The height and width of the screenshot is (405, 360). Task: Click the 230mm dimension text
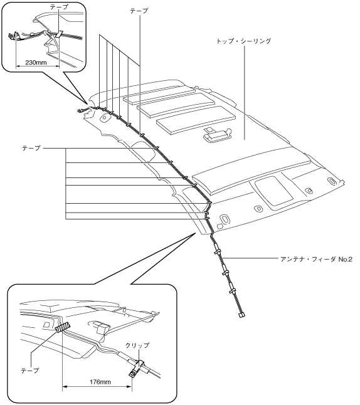tap(36, 63)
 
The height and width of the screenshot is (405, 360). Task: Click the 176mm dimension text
tap(100, 382)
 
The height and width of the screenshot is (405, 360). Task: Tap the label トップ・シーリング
tap(243, 41)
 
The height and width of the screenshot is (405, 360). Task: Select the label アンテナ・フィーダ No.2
tap(316, 259)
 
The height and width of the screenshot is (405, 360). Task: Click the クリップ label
tap(137, 345)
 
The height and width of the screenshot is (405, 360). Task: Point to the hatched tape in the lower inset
tap(63, 327)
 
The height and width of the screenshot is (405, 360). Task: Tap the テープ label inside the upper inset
tap(59, 7)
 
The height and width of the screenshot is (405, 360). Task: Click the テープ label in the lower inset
tap(30, 370)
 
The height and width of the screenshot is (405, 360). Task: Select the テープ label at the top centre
tap(139, 11)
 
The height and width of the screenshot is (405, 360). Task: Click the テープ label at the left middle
tap(31, 148)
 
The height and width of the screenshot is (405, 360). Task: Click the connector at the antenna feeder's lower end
tap(241, 315)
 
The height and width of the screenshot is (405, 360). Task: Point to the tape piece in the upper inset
tap(60, 34)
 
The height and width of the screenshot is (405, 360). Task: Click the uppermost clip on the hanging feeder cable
tap(217, 251)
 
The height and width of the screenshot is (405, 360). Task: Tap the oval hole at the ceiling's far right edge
tap(332, 181)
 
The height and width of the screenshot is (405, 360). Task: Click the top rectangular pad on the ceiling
tap(159, 95)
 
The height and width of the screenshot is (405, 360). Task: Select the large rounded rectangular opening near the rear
tap(274, 191)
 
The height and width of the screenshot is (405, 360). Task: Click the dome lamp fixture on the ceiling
tap(217, 134)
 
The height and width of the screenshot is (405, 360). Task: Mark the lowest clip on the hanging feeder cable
tap(232, 291)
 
